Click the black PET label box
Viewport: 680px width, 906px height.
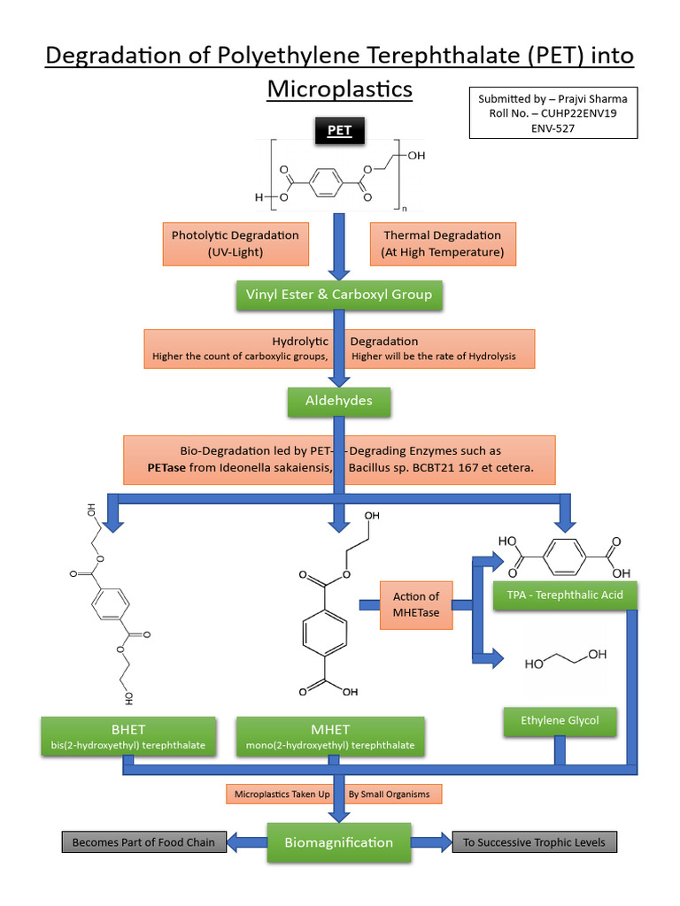339,131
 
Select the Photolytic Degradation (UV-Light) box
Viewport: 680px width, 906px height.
235,243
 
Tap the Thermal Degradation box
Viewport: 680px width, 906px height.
442,243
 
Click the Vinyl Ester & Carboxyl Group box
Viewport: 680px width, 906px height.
339,294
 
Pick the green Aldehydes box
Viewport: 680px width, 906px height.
339,401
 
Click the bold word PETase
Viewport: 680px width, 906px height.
166,467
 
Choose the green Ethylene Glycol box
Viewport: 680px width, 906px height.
560,720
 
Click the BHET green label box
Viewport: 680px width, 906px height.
128,737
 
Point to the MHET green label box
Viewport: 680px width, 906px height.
330,737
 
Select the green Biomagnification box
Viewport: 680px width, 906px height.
339,841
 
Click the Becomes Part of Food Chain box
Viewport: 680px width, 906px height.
143,842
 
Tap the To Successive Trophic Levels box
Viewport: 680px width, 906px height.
534,842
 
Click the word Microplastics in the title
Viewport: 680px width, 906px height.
340,89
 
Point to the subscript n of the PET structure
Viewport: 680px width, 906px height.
405,209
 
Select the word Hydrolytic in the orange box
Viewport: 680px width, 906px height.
300,342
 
